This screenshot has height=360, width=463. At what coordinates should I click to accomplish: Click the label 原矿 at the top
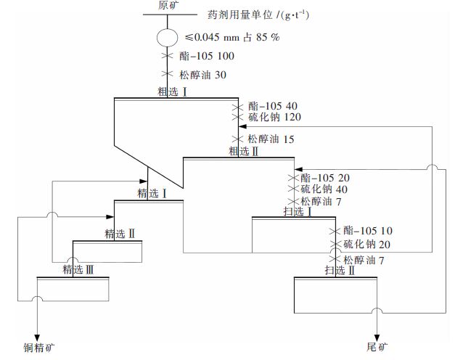168,6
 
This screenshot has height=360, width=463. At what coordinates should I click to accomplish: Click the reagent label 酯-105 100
207,56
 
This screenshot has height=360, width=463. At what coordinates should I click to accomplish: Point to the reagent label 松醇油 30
201,74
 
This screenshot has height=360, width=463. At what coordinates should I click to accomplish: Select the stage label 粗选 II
244,151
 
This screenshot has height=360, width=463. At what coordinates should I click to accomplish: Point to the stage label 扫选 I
298,211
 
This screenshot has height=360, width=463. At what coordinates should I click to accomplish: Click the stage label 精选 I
153,194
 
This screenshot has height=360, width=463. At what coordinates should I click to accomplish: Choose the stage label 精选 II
120,234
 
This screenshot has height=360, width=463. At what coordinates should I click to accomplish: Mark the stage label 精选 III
78,270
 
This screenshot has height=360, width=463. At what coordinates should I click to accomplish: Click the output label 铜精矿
36,345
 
